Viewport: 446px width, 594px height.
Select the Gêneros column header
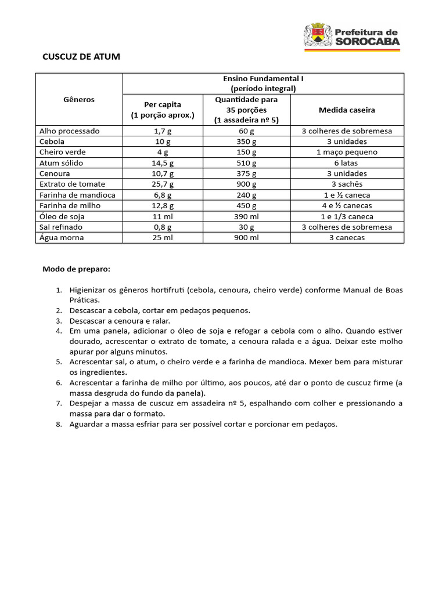(x=79, y=99)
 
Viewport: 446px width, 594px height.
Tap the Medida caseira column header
(x=347, y=110)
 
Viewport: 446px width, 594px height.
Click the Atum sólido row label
(x=61, y=163)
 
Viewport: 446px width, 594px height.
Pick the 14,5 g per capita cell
(x=163, y=163)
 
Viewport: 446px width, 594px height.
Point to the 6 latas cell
(x=347, y=163)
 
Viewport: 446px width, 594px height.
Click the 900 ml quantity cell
(x=246, y=237)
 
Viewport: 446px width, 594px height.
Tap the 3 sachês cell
(x=347, y=184)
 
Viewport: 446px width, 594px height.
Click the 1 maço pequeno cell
(x=347, y=152)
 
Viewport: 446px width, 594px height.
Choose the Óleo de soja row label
(x=62, y=216)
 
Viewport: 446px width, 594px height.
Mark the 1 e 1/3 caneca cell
(x=347, y=216)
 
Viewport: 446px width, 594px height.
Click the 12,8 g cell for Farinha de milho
(x=163, y=205)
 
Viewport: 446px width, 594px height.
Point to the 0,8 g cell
(x=163, y=227)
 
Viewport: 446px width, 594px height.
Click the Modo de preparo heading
(x=76, y=269)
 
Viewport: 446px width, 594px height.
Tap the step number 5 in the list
(x=59, y=361)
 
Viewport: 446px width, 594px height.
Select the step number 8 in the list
(x=59, y=424)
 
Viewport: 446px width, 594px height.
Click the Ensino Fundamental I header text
(x=263, y=78)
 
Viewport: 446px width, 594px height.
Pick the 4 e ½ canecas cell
(x=347, y=205)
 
